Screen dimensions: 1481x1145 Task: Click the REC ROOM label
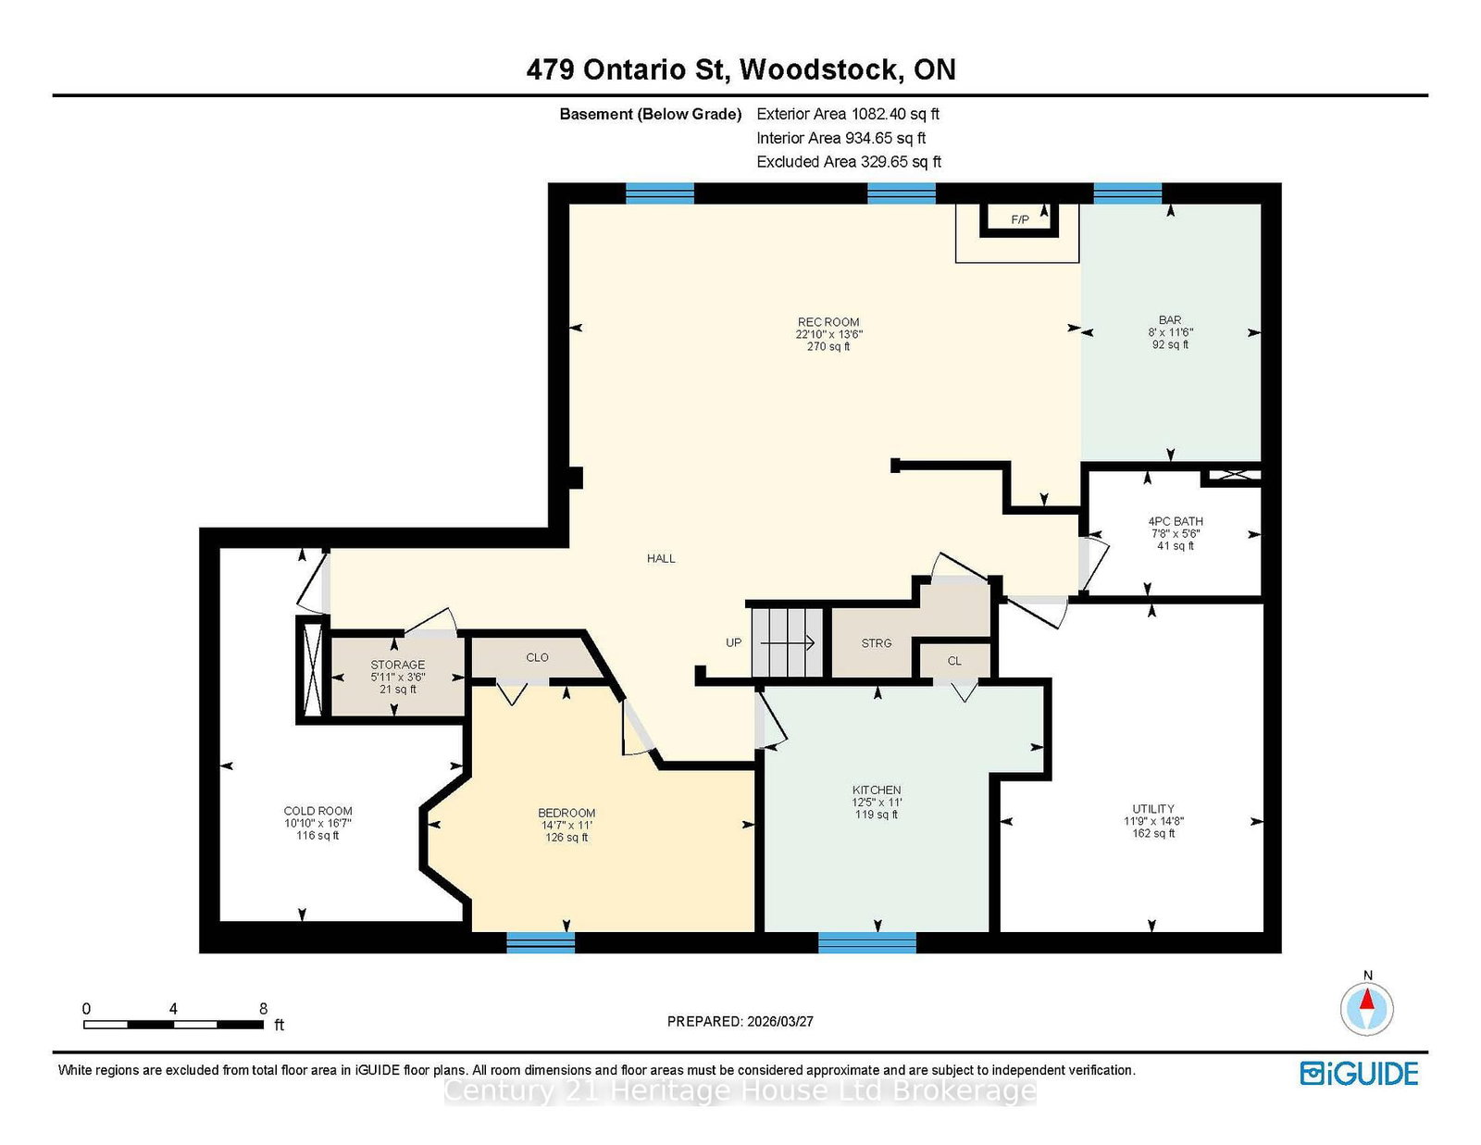(828, 322)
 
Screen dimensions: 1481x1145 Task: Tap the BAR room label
(1170, 319)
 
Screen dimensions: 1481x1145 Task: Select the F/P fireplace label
(1020, 219)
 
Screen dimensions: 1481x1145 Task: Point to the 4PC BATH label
(1175, 521)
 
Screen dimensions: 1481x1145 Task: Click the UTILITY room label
(1153, 808)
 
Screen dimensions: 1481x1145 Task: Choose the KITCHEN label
(877, 790)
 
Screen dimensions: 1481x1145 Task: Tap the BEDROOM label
(566, 813)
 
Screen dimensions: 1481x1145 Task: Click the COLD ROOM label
(317, 810)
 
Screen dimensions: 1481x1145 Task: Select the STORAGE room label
(397, 665)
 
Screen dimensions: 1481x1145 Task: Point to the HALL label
(661, 558)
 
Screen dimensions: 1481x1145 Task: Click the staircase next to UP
(788, 642)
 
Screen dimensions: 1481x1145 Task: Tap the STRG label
(876, 642)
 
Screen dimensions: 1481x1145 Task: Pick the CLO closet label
(537, 657)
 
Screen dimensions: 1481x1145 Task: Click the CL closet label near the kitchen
(954, 660)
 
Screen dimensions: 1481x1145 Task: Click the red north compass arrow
(1366, 999)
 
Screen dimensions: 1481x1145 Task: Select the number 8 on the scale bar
(263, 1008)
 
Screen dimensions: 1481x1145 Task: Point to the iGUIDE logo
(1359, 1074)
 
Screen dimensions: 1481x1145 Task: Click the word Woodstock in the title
(818, 69)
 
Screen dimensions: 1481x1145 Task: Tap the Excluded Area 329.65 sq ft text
(849, 162)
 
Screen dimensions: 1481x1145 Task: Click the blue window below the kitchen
(867, 942)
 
